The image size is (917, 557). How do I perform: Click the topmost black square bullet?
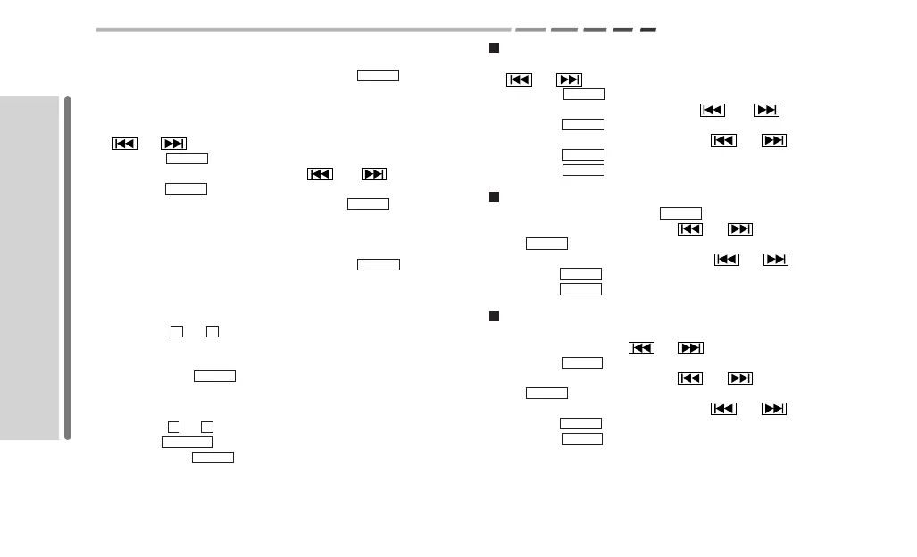tap(493, 47)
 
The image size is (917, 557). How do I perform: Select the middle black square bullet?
tap(493, 196)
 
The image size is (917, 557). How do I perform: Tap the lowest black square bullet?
tap(493, 316)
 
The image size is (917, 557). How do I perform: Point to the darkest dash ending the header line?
tap(648, 29)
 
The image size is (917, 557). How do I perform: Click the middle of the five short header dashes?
tap(595, 29)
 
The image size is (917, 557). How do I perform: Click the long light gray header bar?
tap(303, 29)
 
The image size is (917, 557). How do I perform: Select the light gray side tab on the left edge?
tap(29, 267)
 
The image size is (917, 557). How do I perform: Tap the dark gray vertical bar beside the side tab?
tap(67, 267)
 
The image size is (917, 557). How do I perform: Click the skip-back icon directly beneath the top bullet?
tap(519, 79)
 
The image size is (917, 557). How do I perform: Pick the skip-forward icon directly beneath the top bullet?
tap(569, 79)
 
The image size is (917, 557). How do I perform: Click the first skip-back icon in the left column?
tap(124, 143)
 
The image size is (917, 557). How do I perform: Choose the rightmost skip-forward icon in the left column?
tap(374, 173)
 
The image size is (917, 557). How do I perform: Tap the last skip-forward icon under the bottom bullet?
tap(773, 409)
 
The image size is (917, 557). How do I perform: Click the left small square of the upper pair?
tap(176, 331)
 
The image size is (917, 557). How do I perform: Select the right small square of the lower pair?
tap(207, 426)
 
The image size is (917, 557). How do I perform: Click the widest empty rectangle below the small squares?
tap(187, 442)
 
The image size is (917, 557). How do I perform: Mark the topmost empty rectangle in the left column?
tap(378, 75)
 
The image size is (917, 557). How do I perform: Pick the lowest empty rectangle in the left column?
tap(213, 457)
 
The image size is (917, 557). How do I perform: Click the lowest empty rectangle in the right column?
tap(581, 438)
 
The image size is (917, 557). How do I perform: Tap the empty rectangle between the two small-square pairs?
tap(214, 376)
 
